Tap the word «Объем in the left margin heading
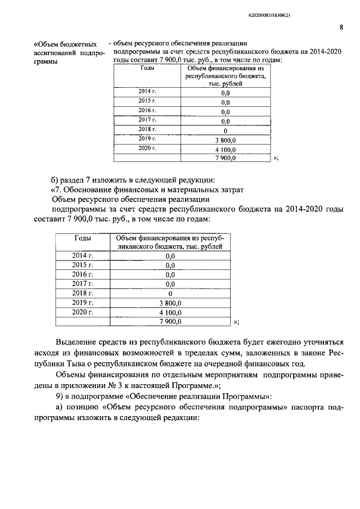pos(50,44)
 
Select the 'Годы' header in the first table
pos(148,68)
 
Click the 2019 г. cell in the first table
pos(147,138)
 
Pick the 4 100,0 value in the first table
pos(226,150)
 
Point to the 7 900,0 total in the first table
pos(226,159)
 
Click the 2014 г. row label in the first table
pos(147,91)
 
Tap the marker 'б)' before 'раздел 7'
pos(55,179)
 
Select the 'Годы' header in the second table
pos(83,237)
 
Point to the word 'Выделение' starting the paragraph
pos(77,342)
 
